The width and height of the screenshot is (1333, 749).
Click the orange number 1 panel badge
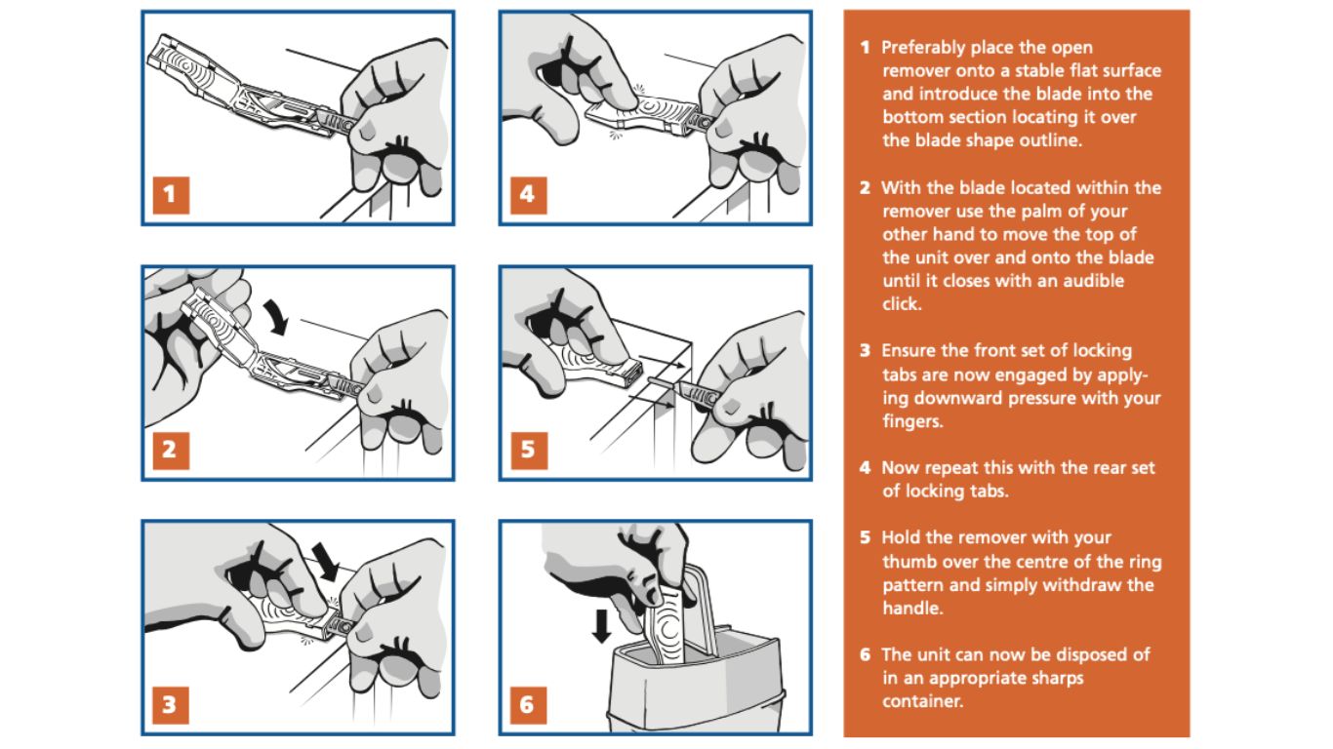170,195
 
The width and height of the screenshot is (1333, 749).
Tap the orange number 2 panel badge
170,450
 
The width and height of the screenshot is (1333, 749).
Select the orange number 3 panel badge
170,704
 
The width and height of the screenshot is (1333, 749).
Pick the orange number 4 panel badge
527,195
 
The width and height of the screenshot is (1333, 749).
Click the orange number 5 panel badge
527,450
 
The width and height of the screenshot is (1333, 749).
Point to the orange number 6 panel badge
527,704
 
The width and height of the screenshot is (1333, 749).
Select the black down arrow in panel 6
602,624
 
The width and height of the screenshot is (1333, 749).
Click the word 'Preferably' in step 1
927,47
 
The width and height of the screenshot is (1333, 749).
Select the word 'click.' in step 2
902,304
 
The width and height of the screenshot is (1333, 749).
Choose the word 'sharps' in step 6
1054,678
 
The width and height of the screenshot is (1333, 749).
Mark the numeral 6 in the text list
865,654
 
